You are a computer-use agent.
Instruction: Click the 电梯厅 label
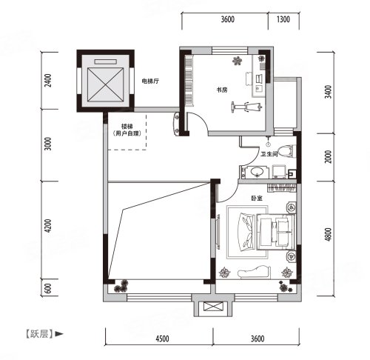coord(150,81)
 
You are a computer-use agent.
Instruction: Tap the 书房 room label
coord(222,90)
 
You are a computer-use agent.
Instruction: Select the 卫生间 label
coord(269,154)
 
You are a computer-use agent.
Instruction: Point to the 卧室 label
coord(257,198)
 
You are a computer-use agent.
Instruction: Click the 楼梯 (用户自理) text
coord(127,130)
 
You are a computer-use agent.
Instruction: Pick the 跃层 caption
coord(39,334)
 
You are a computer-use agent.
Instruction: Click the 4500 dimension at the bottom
coord(162,339)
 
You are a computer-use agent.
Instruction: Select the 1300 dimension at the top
coord(283,19)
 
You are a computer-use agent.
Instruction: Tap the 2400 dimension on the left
coord(48,81)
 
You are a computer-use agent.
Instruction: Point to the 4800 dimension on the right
coord(328,234)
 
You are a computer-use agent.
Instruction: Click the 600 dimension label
coord(48,288)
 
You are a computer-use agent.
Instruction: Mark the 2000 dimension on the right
coord(328,156)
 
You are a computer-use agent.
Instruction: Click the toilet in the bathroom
coord(286,151)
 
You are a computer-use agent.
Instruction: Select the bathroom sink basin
coord(257,171)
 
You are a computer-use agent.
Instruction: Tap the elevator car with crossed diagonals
coord(105,84)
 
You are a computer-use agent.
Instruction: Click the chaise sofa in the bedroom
coord(254,272)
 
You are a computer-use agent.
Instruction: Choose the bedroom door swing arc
coord(232,195)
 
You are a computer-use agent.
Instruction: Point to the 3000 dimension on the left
coord(48,144)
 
